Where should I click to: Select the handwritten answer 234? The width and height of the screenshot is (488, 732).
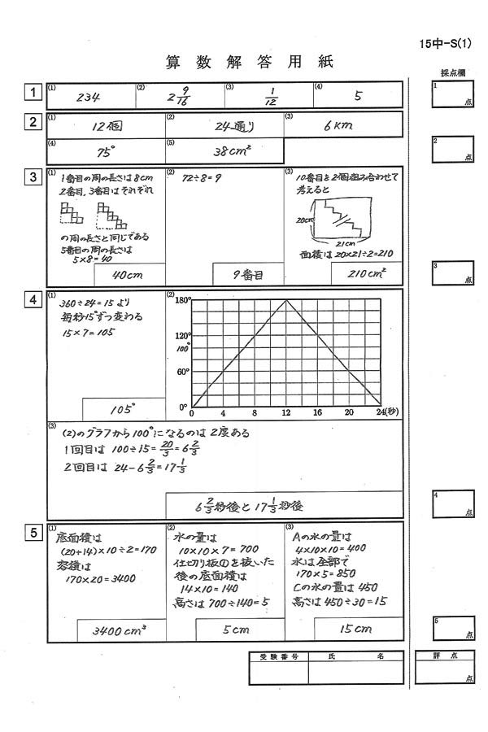click(88, 96)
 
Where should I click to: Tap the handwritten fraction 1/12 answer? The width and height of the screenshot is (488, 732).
click(271, 96)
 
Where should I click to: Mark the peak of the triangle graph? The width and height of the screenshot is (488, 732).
click(285, 300)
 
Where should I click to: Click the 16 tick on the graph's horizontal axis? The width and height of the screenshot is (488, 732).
click(317, 413)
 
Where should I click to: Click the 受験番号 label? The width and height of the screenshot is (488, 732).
click(278, 656)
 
